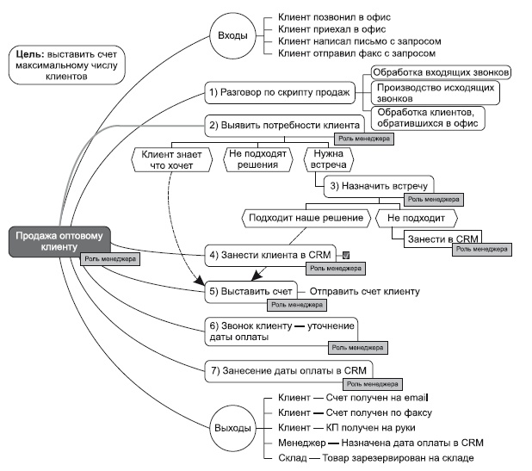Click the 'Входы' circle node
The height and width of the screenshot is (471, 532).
233,35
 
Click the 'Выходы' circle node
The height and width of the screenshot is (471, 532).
233,427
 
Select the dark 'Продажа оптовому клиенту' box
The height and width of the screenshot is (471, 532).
58,241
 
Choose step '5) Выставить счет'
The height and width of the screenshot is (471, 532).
251,291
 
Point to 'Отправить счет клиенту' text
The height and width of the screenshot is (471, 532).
364,291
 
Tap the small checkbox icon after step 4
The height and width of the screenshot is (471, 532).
344,255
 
